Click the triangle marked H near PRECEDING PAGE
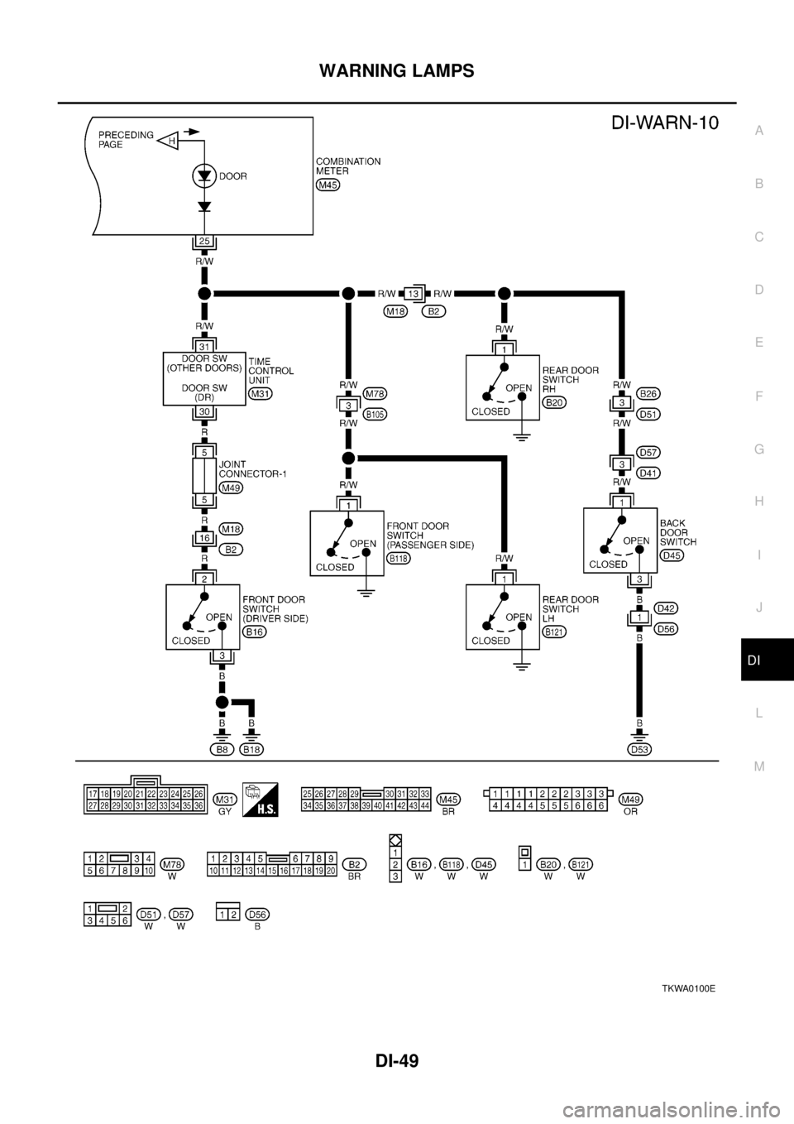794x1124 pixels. tap(170, 142)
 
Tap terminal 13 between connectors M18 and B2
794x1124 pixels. tap(414, 293)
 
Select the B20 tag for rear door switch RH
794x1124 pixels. tap(554, 402)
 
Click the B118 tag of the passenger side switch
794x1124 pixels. tap(399, 559)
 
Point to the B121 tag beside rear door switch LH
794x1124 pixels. tap(554, 632)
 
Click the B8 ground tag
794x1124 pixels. tap(222, 749)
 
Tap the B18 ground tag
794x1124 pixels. tap(252, 749)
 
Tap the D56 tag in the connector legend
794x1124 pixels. tap(256, 914)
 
